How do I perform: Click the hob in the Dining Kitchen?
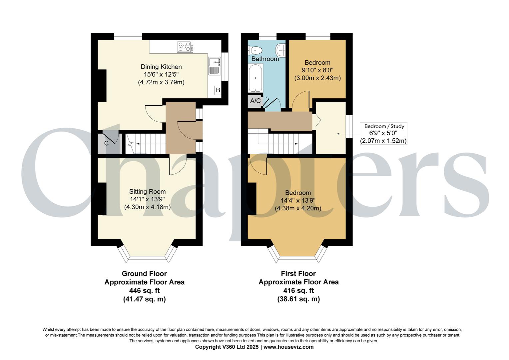185,46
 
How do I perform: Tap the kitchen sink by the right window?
214,66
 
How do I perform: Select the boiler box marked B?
218,90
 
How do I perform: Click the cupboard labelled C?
107,144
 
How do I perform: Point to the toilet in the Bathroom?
255,51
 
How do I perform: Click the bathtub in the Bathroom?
255,78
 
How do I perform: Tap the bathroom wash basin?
281,51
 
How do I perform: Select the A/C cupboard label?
255,101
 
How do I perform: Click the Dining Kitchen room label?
161,67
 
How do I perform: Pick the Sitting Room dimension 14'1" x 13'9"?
147,199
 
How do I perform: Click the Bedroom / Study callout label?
384,126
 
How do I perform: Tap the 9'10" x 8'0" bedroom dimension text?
317,70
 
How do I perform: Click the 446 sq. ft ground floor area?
144,291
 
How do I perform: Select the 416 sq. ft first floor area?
298,291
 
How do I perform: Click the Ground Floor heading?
144,274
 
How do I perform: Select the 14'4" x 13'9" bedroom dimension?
298,201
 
